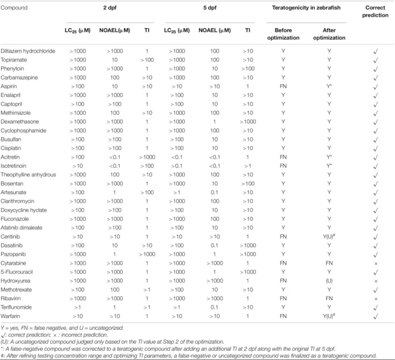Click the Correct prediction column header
[375, 12]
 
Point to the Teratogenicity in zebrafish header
[309, 8]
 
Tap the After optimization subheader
[329, 34]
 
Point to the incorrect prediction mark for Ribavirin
[375, 297]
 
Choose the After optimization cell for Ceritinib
[330, 237]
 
